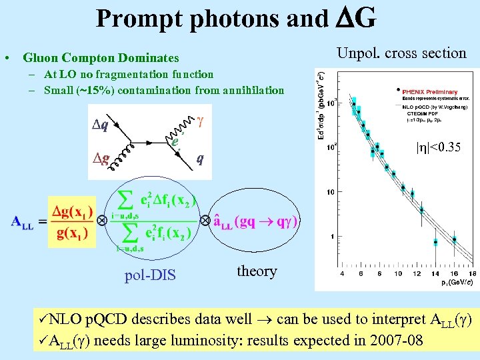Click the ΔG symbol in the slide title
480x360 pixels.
[x=355, y=18]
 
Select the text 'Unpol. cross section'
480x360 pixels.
[x=401, y=53]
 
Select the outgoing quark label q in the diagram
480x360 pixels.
[x=199, y=159]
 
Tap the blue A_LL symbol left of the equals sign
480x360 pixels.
[x=23, y=222]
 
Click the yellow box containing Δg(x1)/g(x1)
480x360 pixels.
[x=73, y=221]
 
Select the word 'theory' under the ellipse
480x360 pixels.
[x=257, y=271]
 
